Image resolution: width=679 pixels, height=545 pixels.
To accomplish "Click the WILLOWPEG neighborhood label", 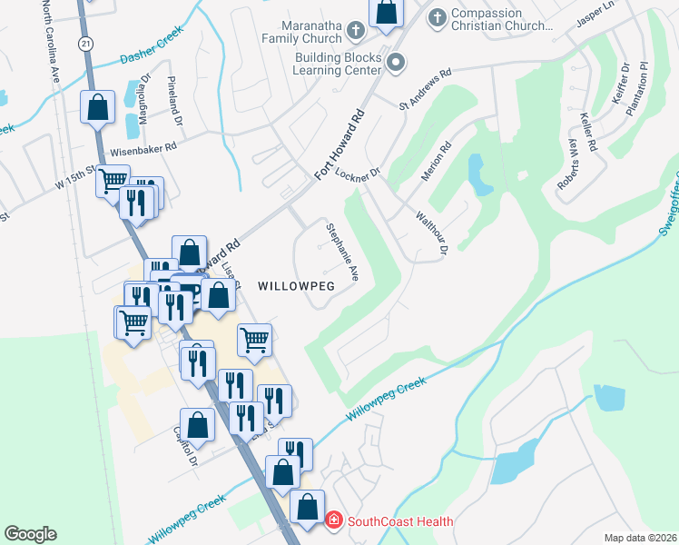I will [296, 285].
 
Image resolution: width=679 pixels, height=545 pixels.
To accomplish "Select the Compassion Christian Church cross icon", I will [437, 17].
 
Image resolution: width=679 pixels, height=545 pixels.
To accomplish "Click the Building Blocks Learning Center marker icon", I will [395, 63].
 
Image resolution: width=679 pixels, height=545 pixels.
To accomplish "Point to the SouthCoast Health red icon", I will [334, 520].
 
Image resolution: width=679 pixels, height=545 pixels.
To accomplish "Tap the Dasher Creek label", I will [153, 45].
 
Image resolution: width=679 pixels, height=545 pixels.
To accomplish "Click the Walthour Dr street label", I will [433, 233].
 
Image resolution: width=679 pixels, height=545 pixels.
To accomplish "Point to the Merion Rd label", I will [437, 162].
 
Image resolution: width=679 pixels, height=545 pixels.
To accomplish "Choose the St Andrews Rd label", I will [425, 92].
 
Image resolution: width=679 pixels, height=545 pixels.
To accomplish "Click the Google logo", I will [30, 534].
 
